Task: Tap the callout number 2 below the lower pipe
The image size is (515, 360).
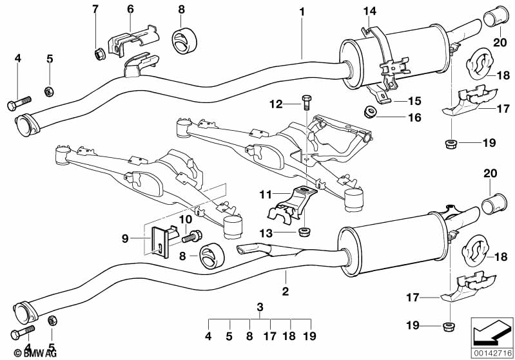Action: [285, 292]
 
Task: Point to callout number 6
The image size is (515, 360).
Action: [130, 9]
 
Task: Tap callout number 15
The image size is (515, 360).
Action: [414, 101]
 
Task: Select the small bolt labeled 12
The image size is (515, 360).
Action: [306, 100]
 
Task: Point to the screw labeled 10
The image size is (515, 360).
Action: [191, 237]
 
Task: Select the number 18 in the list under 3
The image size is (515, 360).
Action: [291, 335]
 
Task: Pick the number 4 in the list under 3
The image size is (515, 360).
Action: [208, 335]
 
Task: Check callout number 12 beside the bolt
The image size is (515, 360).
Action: [275, 103]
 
